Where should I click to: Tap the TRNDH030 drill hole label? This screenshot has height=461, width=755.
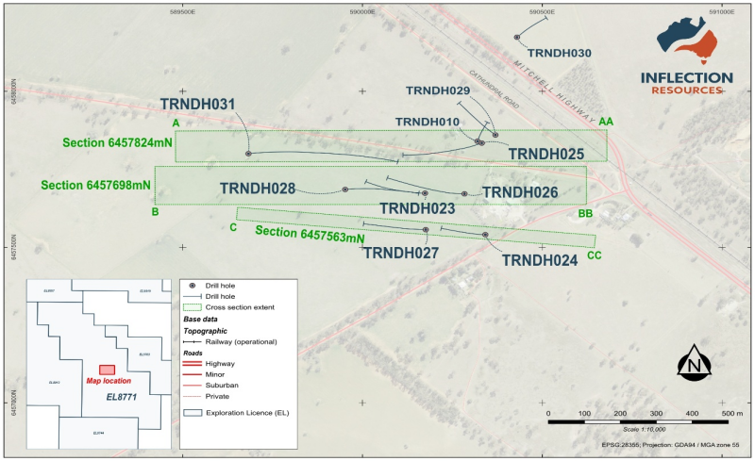pyautogui.click(x=559, y=54)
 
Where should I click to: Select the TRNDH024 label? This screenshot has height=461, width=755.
pyautogui.click(x=539, y=260)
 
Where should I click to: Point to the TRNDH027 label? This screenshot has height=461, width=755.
pyautogui.click(x=400, y=253)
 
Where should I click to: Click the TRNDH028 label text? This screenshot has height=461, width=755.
pyautogui.click(x=258, y=189)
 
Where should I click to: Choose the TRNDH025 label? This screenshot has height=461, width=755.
pyautogui.click(x=546, y=154)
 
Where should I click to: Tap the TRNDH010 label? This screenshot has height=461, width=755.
pyautogui.click(x=428, y=122)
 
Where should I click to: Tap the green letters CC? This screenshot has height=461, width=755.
pyautogui.click(x=594, y=255)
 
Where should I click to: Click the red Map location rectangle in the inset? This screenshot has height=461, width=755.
pyautogui.click(x=107, y=370)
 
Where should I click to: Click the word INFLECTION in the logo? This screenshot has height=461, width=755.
pyautogui.click(x=686, y=77)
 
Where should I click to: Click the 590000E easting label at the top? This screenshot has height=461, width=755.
pyautogui.click(x=361, y=12)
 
